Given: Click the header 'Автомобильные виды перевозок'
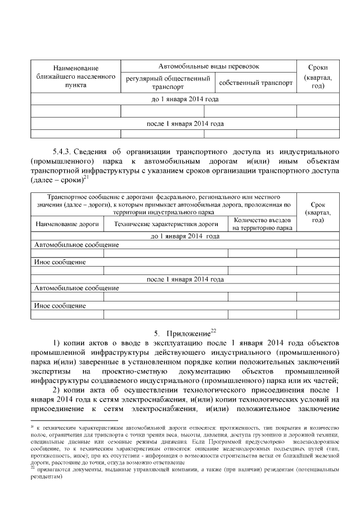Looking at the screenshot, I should pos(209,66).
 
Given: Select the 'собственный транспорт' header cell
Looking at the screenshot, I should pos(256,83).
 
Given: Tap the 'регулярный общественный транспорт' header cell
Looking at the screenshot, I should pos(168,83).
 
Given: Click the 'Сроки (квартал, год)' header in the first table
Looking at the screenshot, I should pos(318,76).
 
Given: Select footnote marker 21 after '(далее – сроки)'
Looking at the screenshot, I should pos(86,178).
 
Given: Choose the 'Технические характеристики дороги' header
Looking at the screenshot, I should pos(166,224).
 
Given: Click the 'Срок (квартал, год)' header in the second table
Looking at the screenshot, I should pos(318,212).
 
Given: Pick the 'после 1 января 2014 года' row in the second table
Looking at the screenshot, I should pos(185,279).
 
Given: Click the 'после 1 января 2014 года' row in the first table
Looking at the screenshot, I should pos(185,124).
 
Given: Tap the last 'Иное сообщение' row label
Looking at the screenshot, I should pos(60,306).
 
